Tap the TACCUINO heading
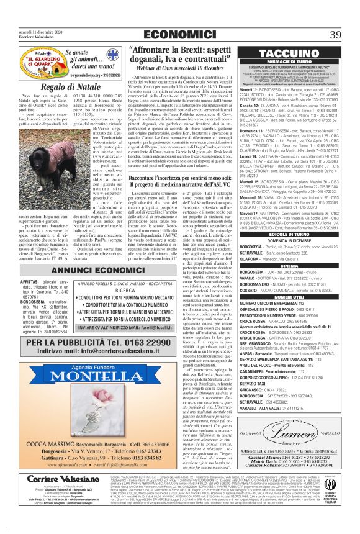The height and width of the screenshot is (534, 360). pyautogui.click(x=286, y=53)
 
